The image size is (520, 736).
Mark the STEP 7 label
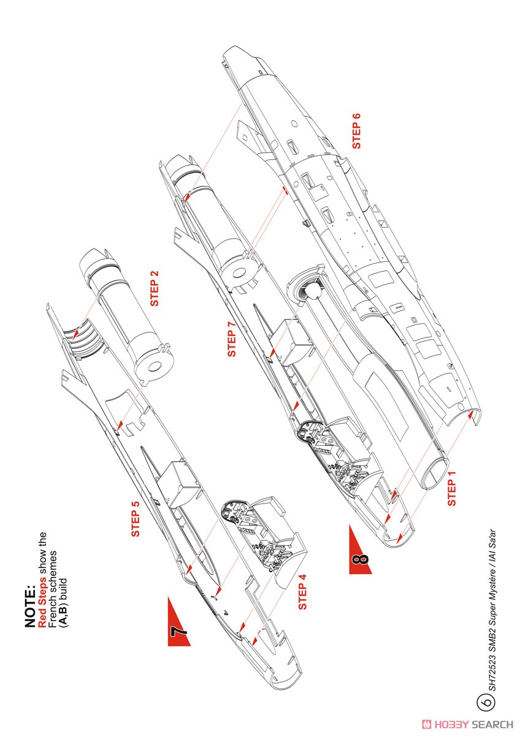(x=232, y=335)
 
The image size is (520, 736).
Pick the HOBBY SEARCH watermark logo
(x=469, y=724)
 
